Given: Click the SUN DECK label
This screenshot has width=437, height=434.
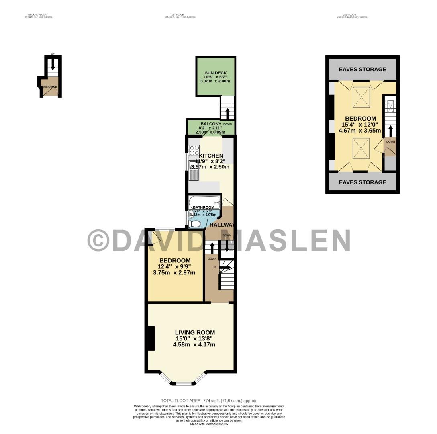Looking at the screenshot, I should tap(215, 72).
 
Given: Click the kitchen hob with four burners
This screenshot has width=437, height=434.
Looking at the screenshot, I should tap(194, 150).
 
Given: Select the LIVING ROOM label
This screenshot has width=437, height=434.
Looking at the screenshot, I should tap(195, 332).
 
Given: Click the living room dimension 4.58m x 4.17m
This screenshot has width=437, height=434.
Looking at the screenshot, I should tap(194, 344).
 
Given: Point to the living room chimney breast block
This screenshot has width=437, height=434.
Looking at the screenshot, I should tap(151, 338).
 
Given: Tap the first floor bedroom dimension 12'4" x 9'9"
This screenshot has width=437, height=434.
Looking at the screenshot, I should tap(174, 266).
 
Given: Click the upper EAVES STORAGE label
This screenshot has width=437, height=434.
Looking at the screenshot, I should tap(362, 69).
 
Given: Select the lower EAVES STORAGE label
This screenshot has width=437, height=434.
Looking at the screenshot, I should tap(362, 182).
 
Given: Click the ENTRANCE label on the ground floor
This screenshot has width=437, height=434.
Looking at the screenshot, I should tap(49, 86).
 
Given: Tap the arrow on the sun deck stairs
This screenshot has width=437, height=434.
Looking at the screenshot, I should tap(227, 112).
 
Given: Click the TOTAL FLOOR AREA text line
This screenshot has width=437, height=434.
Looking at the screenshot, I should tap(209, 401).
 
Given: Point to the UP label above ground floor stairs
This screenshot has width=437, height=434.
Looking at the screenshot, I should tap(53, 54).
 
